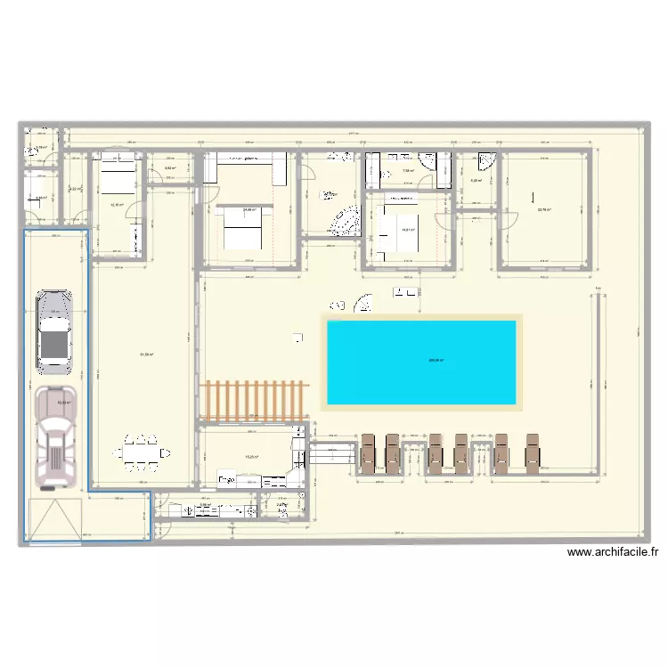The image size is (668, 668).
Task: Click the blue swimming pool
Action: click(422, 361)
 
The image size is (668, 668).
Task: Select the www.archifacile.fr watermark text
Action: click(613, 552)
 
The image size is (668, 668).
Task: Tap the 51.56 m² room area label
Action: click(146, 354)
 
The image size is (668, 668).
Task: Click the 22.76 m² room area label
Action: click(543, 210)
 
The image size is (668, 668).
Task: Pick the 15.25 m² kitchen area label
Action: click(251, 458)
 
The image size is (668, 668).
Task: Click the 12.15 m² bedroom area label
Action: click(117, 204)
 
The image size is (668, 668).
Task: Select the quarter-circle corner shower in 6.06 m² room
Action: click(487, 161)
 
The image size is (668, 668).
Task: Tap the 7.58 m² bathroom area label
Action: click(407, 171)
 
